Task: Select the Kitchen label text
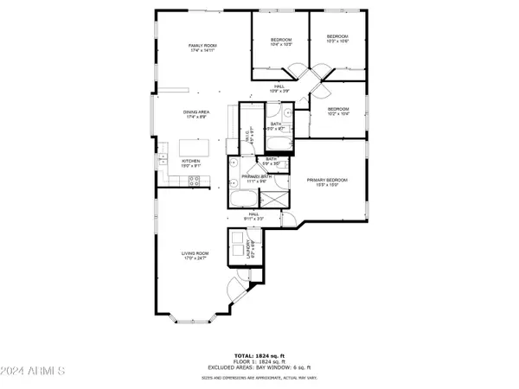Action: coord(191,163)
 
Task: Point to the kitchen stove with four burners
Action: coord(195,181)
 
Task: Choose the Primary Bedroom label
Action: coord(327,182)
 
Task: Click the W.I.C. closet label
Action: coord(247,136)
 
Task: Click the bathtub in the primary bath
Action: coord(242,201)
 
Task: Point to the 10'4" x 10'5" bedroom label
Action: coord(280,41)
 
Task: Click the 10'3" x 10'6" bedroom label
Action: coord(336,40)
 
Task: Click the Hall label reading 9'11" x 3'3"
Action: coord(254,216)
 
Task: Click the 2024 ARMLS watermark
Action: coord(33,372)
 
